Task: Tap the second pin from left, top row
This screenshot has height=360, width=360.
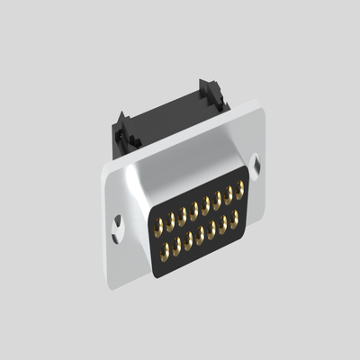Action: (170, 220)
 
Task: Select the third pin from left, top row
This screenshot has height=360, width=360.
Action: (182, 214)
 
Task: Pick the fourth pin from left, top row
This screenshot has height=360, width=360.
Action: (193, 210)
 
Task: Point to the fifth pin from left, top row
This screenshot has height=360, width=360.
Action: (205, 204)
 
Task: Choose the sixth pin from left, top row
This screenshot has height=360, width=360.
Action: (217, 200)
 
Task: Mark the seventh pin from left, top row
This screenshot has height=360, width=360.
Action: (229, 194)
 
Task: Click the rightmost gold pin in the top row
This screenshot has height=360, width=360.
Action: (240, 189)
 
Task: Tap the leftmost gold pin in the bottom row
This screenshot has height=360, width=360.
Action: (165, 248)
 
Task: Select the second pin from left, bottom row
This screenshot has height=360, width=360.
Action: (176, 243)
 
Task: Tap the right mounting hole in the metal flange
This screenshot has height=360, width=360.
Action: (257, 165)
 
